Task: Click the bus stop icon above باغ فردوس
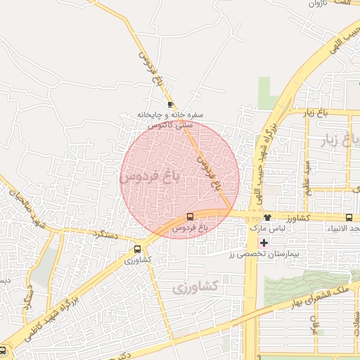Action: [191, 217]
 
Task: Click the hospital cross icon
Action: [264, 243]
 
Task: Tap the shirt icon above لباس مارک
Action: [266, 218]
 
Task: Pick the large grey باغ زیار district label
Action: [338, 139]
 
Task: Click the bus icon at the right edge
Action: [349, 218]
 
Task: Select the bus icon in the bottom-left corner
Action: [4, 349]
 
